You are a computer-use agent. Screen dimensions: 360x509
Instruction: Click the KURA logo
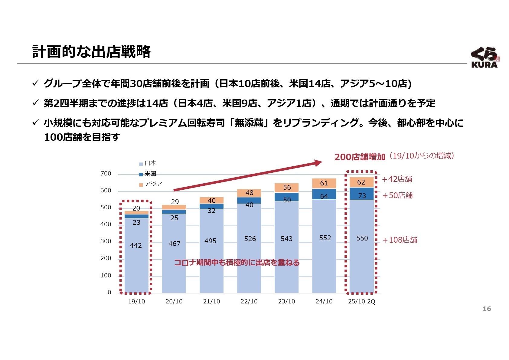485,57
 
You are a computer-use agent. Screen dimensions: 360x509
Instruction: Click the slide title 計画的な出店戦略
91,52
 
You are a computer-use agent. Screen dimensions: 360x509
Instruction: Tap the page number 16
487,309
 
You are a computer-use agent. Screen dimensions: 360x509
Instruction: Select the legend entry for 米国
148,174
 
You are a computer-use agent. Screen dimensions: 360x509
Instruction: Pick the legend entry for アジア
150,184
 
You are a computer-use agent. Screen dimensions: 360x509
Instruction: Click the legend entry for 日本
148,163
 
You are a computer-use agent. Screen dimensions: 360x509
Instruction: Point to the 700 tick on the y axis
106,174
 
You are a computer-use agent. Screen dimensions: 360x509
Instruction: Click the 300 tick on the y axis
106,241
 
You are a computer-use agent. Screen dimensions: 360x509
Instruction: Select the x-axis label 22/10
249,302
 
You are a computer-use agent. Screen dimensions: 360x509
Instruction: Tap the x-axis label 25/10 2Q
361,302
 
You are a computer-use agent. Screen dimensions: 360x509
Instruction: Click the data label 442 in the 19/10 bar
136,245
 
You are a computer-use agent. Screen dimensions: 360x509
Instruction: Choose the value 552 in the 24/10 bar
325,238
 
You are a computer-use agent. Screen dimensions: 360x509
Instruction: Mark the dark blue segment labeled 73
362,194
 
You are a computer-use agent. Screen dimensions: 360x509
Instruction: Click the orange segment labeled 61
324,183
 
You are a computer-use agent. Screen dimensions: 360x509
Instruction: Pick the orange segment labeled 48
249,193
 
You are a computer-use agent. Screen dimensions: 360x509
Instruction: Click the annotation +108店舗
400,240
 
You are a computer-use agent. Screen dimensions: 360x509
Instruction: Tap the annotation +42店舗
397,179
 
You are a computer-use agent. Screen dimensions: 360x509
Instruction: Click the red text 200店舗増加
360,157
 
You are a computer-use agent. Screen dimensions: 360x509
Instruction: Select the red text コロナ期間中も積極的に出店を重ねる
237,263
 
